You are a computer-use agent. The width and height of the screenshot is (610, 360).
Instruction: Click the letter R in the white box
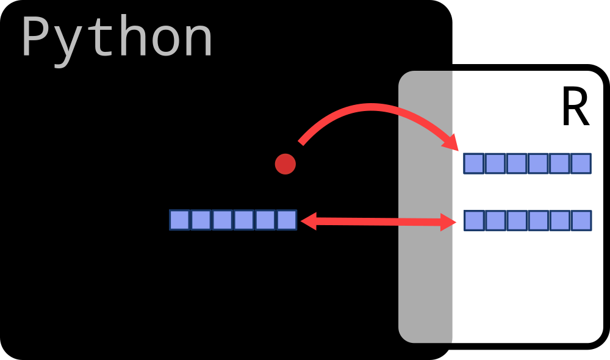[x=575, y=109]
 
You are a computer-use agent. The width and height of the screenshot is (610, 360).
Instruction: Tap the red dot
[x=285, y=164]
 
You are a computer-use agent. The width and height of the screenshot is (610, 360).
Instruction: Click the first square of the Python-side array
[x=179, y=220]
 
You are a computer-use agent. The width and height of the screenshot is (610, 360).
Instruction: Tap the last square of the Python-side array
[x=286, y=220]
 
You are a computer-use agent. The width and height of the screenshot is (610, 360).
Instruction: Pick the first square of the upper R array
[x=474, y=164]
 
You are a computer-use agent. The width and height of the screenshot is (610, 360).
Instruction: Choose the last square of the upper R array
[x=581, y=164]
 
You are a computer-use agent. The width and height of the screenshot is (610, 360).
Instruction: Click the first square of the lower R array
[x=474, y=220]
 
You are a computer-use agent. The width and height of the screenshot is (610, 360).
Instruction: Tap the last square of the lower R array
[x=581, y=220]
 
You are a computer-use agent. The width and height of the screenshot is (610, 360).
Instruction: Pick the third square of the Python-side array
[x=222, y=220]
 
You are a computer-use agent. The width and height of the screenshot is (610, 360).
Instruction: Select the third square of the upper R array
[x=517, y=164]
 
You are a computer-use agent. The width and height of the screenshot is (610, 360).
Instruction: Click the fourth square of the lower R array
[x=538, y=220]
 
